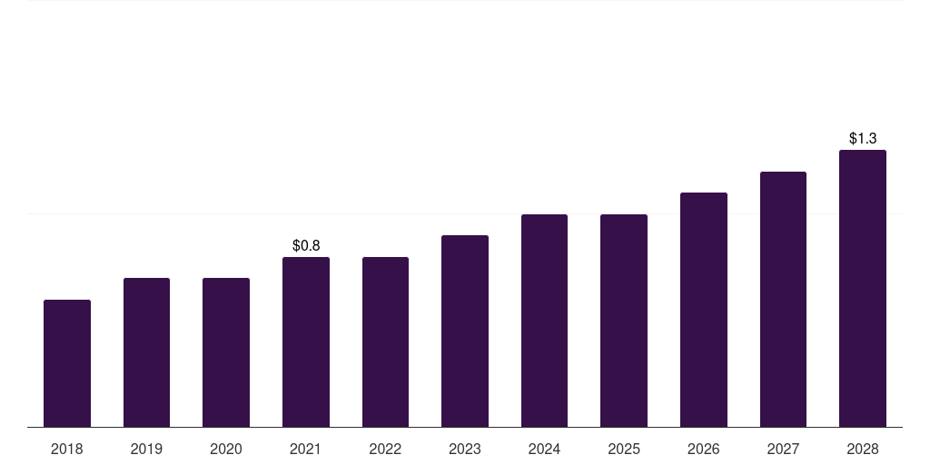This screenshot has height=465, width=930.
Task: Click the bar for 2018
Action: (67, 363)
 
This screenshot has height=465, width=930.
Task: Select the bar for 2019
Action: (146, 352)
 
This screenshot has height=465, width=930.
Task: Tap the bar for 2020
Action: (226, 352)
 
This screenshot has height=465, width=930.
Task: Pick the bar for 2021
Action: (306, 341)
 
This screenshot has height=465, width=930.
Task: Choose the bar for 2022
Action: (385, 341)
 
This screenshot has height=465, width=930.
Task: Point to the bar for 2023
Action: (465, 331)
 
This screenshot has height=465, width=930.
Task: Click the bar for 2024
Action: (544, 321)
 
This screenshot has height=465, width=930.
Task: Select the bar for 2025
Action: (624, 321)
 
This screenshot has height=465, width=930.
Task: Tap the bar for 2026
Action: (704, 310)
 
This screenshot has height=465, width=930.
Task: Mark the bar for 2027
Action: (783, 299)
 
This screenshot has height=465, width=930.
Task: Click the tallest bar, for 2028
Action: (863, 289)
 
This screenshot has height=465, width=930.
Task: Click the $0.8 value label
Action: (306, 245)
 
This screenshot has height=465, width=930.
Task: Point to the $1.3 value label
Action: (863, 139)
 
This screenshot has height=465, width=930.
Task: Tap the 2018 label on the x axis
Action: (67, 449)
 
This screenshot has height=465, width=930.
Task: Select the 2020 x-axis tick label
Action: (226, 449)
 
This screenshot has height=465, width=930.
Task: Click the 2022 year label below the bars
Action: (385, 449)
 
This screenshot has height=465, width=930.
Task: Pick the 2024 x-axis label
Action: (544, 449)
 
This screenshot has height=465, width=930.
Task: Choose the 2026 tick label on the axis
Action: (704, 449)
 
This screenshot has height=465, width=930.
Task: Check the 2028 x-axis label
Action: (863, 449)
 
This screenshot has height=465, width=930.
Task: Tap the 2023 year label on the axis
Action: (465, 449)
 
